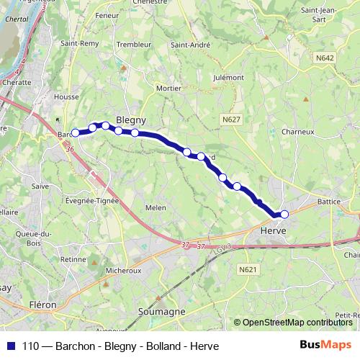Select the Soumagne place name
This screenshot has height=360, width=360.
(x=166, y=312)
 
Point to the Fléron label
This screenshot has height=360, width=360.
(x=43, y=305)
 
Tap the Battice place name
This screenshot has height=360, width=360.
(x=328, y=202)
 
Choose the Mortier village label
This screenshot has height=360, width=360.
(x=168, y=88)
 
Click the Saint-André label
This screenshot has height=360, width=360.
(x=190, y=45)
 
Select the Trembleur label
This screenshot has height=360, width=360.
(x=133, y=45)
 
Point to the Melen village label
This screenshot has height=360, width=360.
(x=156, y=207)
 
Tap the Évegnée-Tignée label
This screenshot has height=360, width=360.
(x=91, y=202)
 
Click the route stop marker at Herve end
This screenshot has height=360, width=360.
(x=284, y=214)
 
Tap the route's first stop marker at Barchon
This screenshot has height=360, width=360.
(x=75, y=132)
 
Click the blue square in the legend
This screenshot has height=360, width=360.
(x=12, y=345)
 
